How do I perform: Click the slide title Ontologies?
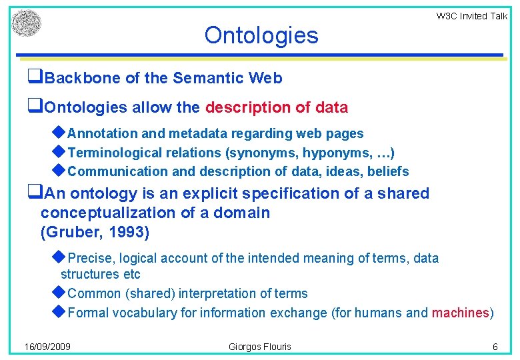[261, 35]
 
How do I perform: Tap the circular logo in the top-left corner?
[27, 24]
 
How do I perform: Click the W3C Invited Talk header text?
[471, 16]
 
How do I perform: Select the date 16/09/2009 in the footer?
[47, 347]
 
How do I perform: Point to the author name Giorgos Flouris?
[259, 347]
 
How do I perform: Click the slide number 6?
[495, 347]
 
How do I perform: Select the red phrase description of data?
[277, 107]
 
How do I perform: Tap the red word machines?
[461, 313]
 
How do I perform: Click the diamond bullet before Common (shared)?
[59, 293]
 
